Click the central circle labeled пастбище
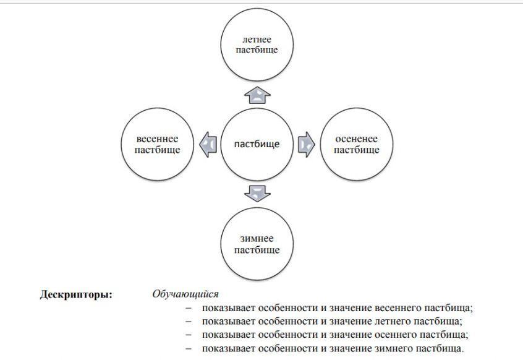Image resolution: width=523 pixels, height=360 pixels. click(257, 145)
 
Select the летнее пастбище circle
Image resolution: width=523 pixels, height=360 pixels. click(257, 45)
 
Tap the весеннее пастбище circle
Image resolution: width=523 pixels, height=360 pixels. click(157, 145)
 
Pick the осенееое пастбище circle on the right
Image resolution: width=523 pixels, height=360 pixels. click(356, 145)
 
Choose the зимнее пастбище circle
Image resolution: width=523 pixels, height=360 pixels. click(257, 244)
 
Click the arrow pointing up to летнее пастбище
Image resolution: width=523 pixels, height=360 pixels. click(257, 95)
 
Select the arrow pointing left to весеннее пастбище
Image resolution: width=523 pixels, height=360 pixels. click(208, 145)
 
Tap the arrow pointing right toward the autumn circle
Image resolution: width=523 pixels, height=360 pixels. click(307, 145)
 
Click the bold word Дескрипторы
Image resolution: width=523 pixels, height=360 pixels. click(76, 294)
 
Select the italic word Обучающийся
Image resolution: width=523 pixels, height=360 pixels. click(185, 294)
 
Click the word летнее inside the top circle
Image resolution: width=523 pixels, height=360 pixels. click(257, 40)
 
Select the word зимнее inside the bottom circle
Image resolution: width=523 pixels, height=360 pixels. click(257, 239)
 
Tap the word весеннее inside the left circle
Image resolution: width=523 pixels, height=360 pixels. click(157, 139)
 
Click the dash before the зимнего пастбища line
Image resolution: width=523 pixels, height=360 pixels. click(189, 348)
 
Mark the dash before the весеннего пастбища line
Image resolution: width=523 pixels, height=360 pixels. click(189, 308)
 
